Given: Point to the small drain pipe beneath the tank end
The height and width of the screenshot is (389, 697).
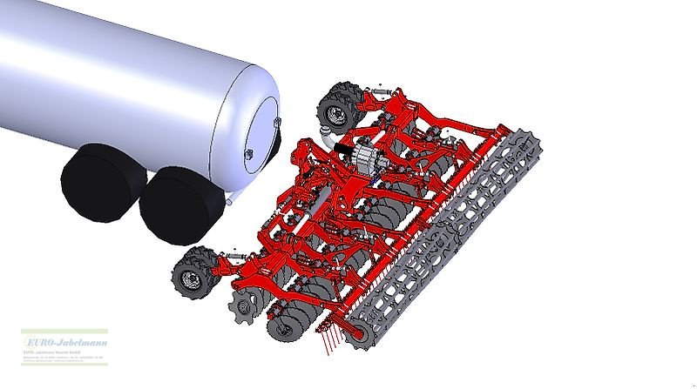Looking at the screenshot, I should coord(228,202).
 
